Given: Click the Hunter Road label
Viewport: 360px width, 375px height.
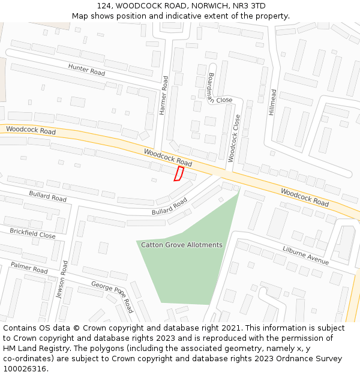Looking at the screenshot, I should point(86,70).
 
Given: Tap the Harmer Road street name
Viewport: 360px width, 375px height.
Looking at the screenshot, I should point(163,95).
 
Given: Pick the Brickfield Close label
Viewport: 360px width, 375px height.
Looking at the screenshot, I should point(32,233).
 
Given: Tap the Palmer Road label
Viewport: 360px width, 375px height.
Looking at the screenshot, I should point(29,268).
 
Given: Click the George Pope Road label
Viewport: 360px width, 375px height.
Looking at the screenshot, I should point(112,296).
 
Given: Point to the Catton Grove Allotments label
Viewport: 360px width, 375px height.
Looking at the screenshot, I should point(181,245).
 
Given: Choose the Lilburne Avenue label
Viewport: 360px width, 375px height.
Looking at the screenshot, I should point(306,256).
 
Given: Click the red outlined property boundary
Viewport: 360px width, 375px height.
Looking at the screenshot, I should point(179,173).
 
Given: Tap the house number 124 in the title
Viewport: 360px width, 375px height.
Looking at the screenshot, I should point(104,6).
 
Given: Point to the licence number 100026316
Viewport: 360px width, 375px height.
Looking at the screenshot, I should point(25,369).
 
